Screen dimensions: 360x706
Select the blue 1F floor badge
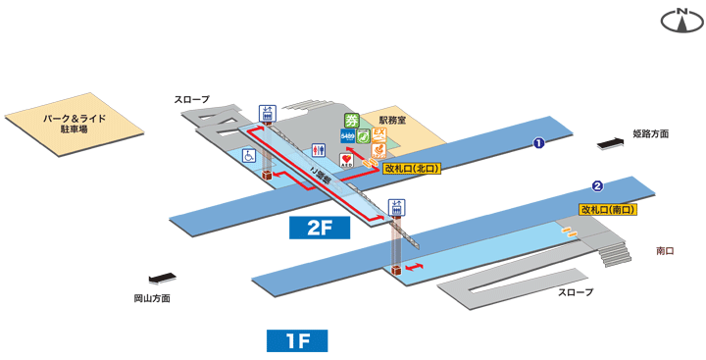(297, 340)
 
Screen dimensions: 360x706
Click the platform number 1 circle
(538, 144)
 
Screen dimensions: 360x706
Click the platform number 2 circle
(596, 186)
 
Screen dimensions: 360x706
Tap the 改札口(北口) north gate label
(411, 169)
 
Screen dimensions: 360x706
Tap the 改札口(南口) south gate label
(608, 209)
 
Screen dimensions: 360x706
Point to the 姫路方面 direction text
(650, 133)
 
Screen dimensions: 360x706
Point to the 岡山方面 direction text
(152, 297)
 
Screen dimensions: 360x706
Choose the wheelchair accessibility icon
(249, 156)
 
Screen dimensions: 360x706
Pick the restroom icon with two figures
(318, 150)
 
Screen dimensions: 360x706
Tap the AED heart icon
(346, 159)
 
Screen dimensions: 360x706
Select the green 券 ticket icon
(350, 121)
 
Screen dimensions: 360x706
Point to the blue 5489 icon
(349, 136)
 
